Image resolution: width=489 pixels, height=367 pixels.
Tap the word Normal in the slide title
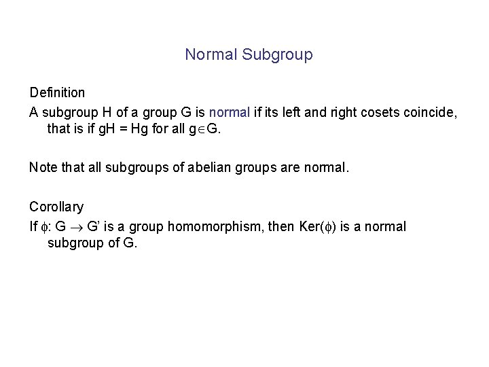[x=211, y=55]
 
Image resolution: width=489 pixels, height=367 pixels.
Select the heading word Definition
[x=57, y=92]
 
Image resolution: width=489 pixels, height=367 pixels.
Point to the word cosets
[x=374, y=111]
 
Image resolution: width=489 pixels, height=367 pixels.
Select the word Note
[x=43, y=167]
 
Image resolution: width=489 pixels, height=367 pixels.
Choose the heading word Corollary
[x=56, y=206]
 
